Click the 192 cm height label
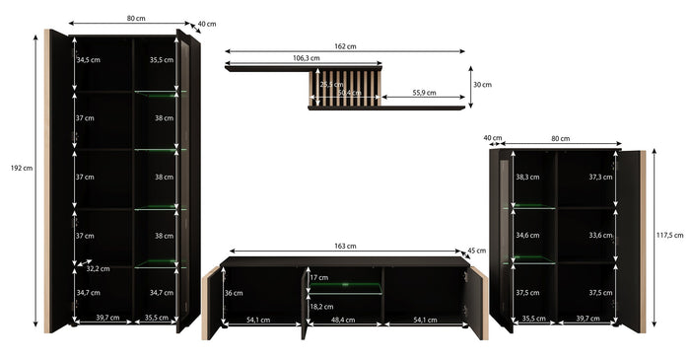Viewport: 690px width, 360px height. (x=22, y=168)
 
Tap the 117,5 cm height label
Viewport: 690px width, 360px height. (x=670, y=236)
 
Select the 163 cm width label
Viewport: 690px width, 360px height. (x=345, y=246)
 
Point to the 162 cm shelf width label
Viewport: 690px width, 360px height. (x=345, y=46)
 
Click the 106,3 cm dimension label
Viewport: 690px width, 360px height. (x=307, y=58)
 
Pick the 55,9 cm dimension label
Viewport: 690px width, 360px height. (x=424, y=93)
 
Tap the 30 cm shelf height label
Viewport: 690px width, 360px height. (x=482, y=85)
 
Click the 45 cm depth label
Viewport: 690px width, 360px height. (x=476, y=251)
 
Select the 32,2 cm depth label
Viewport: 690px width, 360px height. (x=98, y=268)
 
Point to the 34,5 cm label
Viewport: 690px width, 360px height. (x=88, y=60)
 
